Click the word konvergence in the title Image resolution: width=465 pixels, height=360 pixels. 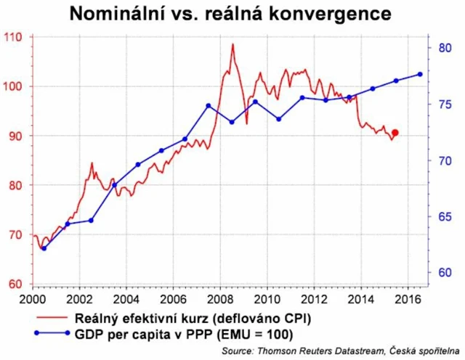coord(329,14)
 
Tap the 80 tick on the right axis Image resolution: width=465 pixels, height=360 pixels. coord(446,48)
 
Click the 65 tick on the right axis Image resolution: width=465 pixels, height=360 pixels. coord(446,216)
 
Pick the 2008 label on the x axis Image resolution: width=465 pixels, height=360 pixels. coord(219,298)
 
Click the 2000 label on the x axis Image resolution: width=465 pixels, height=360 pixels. coord(33,298)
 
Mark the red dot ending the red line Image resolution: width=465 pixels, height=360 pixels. coord(395,133)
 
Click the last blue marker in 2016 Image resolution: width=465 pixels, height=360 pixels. coord(420,74)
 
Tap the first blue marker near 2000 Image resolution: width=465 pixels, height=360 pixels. coord(44,248)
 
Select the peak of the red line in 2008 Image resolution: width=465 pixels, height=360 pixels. coord(232,44)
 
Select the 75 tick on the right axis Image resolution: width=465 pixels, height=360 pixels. coord(446,105)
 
